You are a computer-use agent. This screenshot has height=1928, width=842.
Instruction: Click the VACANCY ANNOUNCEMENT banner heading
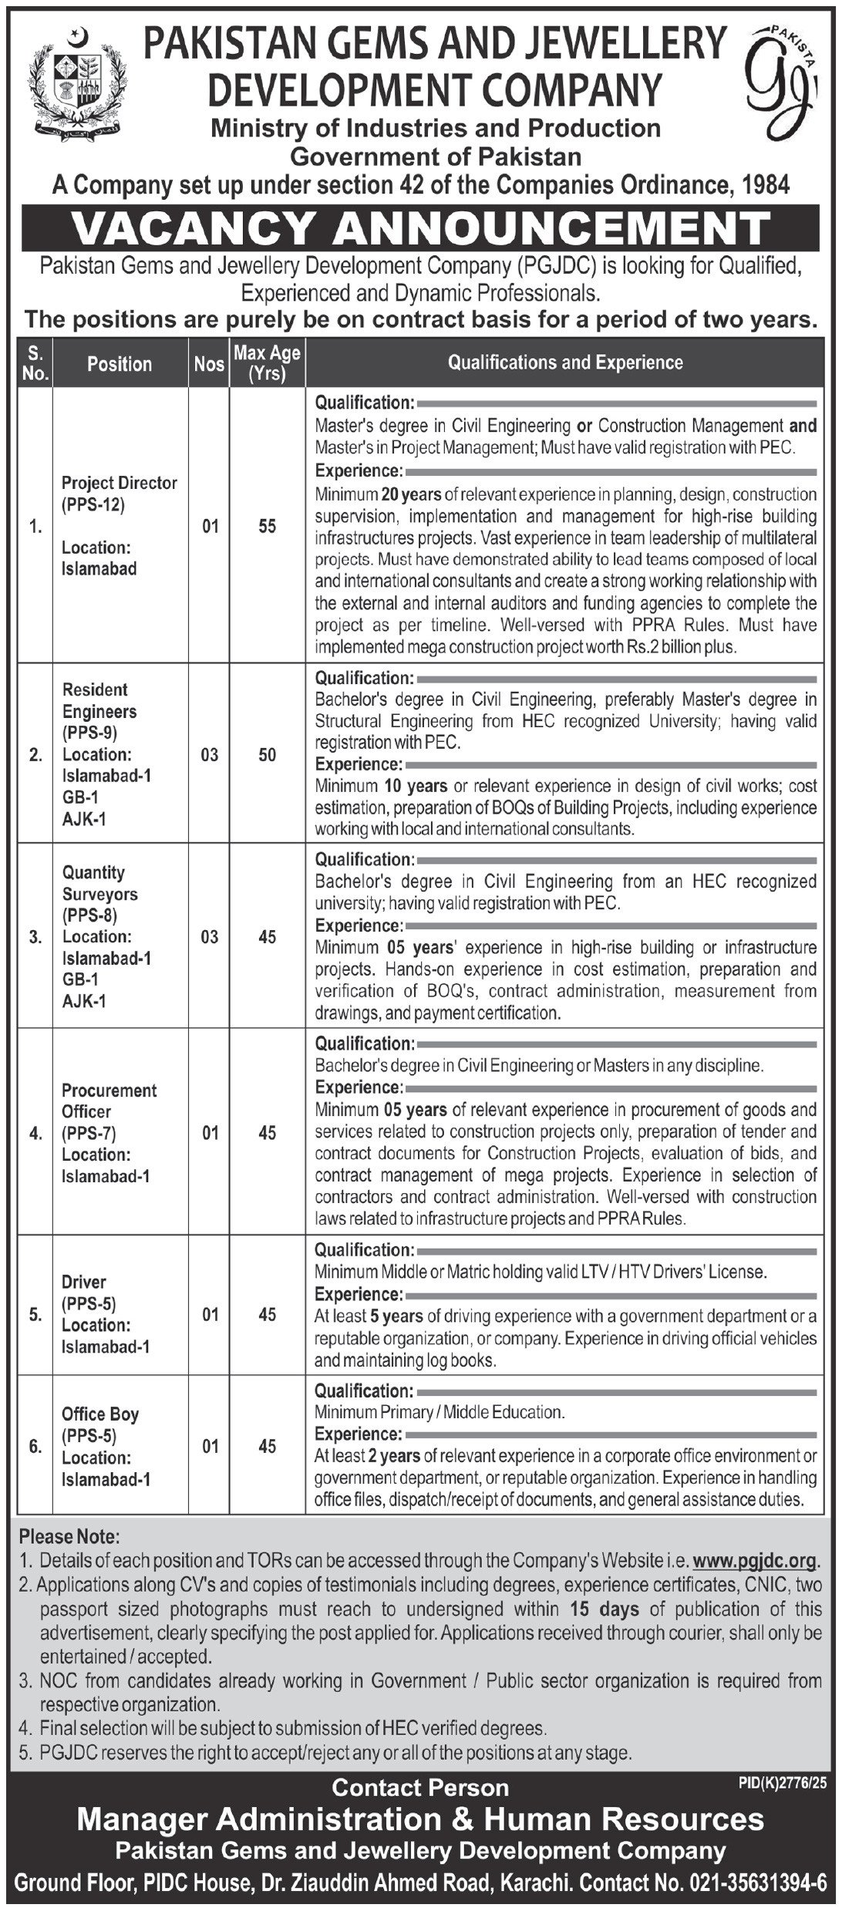(421, 229)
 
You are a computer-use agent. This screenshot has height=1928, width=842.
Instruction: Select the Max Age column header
(267, 363)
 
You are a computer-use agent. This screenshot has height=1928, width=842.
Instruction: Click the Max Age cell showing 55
(267, 527)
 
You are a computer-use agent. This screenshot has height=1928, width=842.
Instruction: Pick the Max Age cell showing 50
(267, 754)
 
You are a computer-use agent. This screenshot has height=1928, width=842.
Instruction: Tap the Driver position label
(84, 1281)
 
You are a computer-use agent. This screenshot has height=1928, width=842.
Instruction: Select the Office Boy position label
(100, 1414)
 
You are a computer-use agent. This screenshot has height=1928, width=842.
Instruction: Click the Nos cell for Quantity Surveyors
(209, 937)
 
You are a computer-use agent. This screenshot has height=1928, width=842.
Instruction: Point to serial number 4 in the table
(35, 1133)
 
